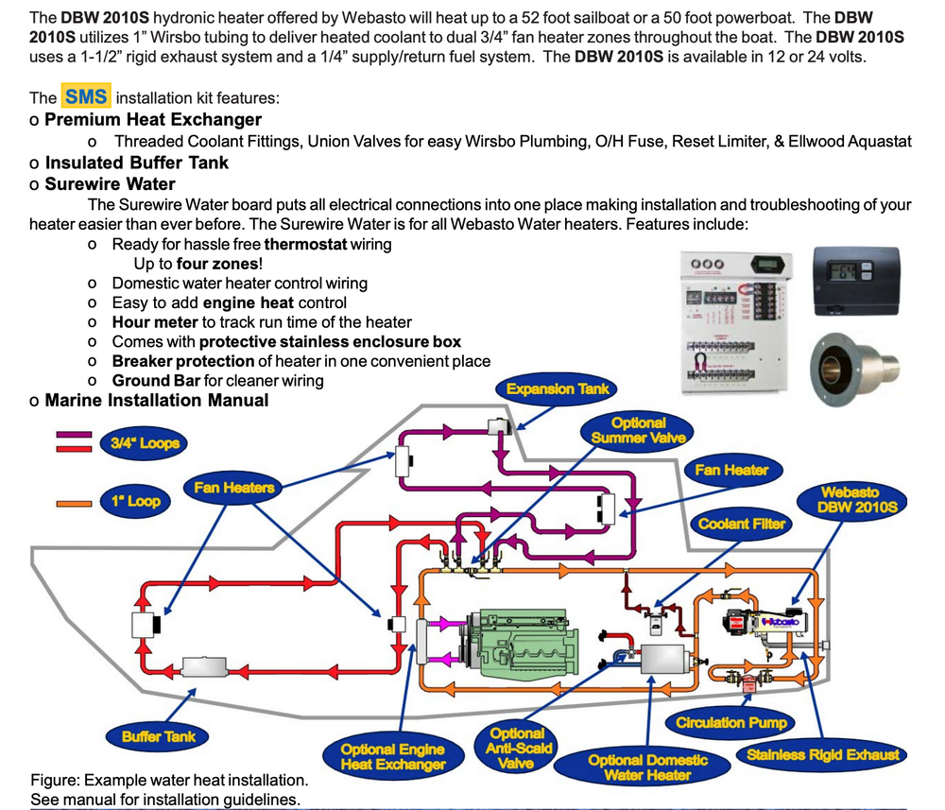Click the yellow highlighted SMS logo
pyautogui.click(x=86, y=97)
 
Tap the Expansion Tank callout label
pyautogui.click(x=558, y=388)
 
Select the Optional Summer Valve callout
pyautogui.click(x=639, y=430)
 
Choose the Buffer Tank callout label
pyautogui.click(x=165, y=735)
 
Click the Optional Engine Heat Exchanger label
pyautogui.click(x=392, y=756)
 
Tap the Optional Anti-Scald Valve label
pyautogui.click(x=516, y=748)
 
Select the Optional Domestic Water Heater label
pyautogui.click(x=647, y=767)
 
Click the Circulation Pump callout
pyautogui.click(x=730, y=722)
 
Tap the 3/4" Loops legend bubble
pyautogui.click(x=145, y=442)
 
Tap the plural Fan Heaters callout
pyautogui.click(x=234, y=488)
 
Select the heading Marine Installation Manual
pyautogui.click(x=156, y=400)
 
